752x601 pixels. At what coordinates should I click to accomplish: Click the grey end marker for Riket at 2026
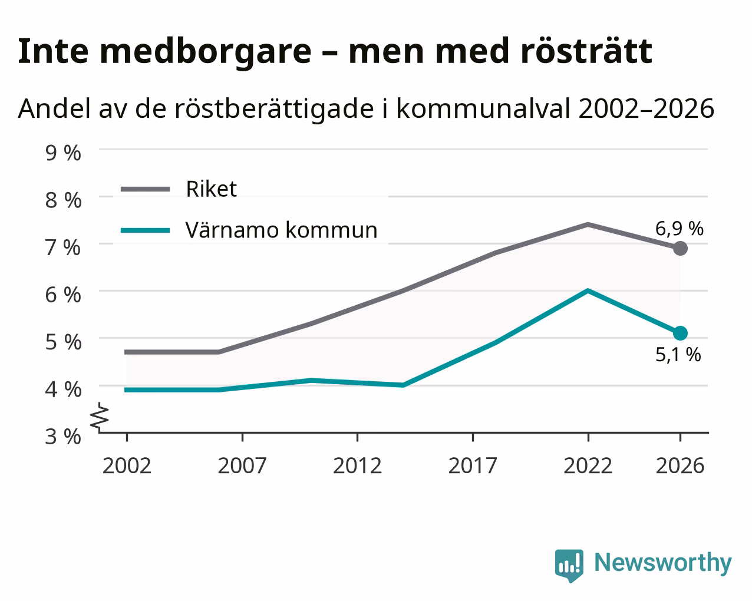pyautogui.click(x=680, y=249)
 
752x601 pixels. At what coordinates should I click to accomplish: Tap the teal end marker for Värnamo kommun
pyautogui.click(x=680, y=333)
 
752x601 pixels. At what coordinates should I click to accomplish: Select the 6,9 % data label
pyautogui.click(x=679, y=229)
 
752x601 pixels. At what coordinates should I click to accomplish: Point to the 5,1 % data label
pyautogui.click(x=678, y=355)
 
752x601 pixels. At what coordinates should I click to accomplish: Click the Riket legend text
pyautogui.click(x=212, y=189)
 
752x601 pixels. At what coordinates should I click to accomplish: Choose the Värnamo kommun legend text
pyautogui.click(x=281, y=230)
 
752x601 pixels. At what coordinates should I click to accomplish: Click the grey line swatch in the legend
pyautogui.click(x=145, y=189)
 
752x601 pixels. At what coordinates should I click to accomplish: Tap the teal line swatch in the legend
pyautogui.click(x=145, y=230)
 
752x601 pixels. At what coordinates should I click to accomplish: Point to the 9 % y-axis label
pyautogui.click(x=63, y=153)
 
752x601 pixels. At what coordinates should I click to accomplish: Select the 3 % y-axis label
pyautogui.click(x=63, y=437)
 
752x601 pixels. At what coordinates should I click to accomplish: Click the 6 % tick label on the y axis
pyautogui.click(x=63, y=295)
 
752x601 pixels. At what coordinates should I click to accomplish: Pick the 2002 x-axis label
pyautogui.click(x=127, y=465)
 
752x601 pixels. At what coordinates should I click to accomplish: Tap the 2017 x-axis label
pyautogui.click(x=473, y=465)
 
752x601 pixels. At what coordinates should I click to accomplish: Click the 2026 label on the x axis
pyautogui.click(x=680, y=465)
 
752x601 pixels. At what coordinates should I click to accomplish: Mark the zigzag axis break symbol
pyautogui.click(x=100, y=417)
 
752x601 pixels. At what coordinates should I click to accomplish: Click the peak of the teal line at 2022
pyautogui.click(x=588, y=290)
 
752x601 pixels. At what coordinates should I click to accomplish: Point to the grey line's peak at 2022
pyautogui.click(x=588, y=224)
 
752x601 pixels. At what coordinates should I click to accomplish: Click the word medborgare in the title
pyautogui.click(x=206, y=52)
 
